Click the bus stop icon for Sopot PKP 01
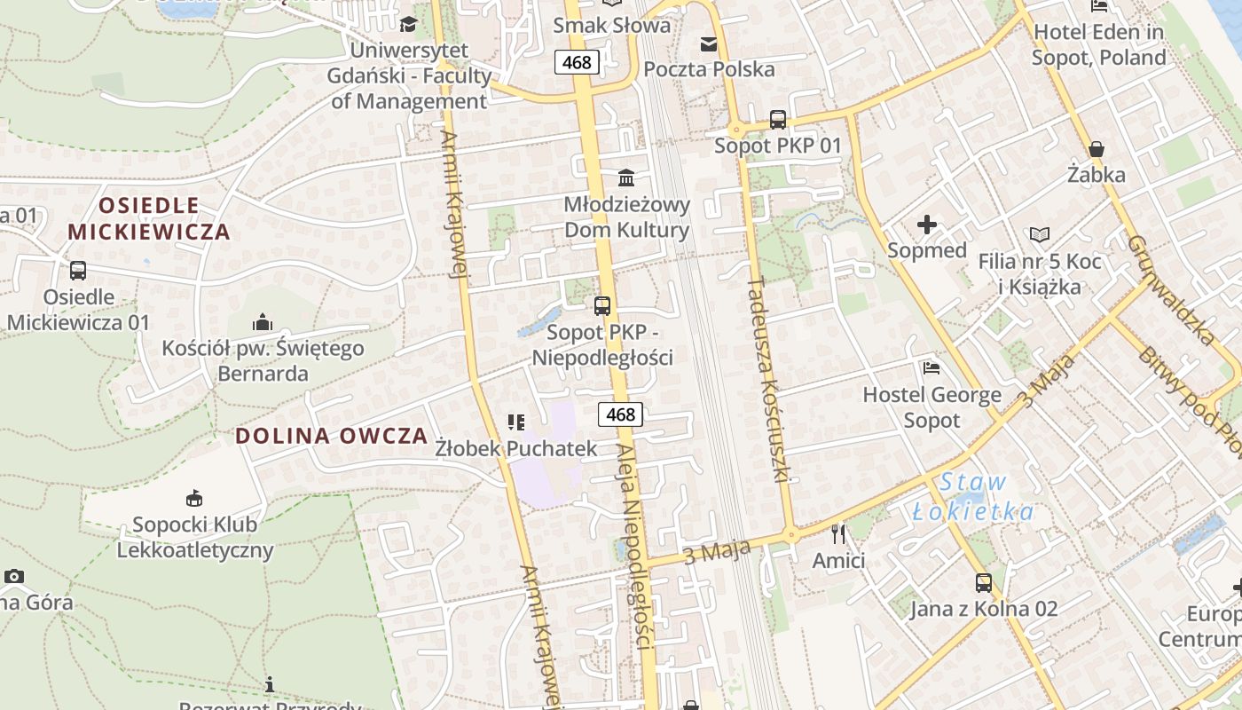tap(778, 119)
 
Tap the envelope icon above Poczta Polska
tap(709, 43)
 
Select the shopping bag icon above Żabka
tap(1097, 148)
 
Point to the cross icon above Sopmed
tap(927, 225)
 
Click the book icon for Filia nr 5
tap(1040, 235)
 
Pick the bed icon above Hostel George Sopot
tap(931, 368)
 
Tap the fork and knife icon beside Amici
tap(838, 534)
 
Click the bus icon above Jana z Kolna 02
tap(984, 583)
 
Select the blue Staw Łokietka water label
tap(973, 498)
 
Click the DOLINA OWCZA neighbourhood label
tap(332, 436)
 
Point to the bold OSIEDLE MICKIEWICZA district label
tap(149, 219)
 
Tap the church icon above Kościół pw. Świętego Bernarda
tap(262, 321)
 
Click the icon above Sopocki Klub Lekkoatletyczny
tap(194, 498)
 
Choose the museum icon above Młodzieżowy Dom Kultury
tap(627, 177)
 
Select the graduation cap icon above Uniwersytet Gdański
tap(408, 24)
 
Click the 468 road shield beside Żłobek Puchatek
tap(620, 414)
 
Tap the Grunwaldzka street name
tap(1170, 290)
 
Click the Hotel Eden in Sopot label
tap(1099, 45)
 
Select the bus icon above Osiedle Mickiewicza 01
tap(78, 271)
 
